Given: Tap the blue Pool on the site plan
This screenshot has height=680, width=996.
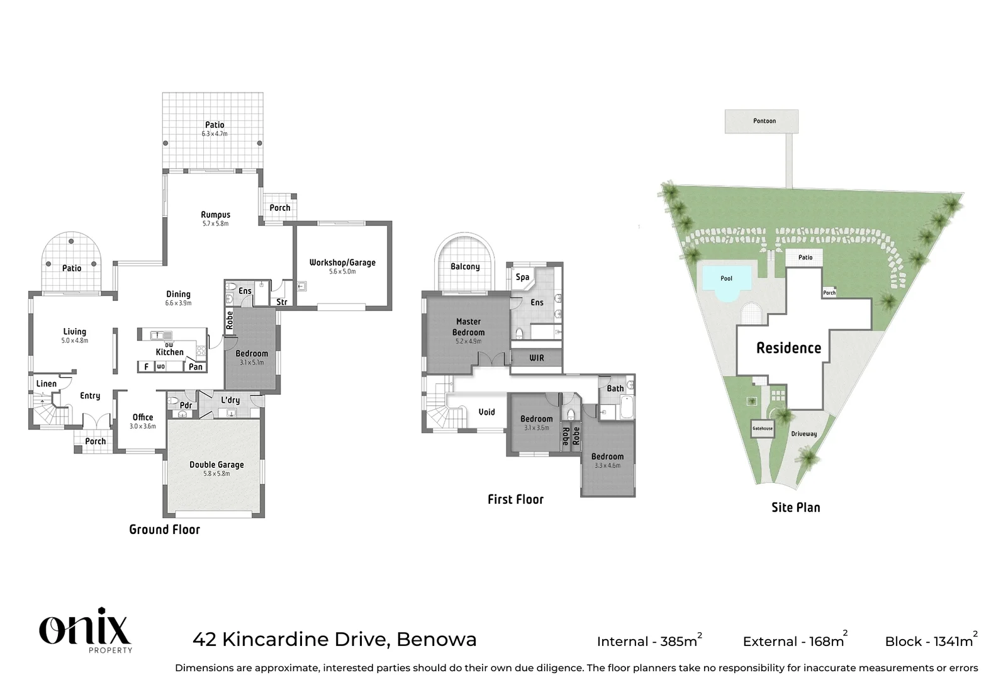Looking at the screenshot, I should tap(726, 278).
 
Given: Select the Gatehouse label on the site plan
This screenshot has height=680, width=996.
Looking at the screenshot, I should tap(762, 428).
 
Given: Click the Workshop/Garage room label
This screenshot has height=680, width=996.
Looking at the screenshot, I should tap(342, 263).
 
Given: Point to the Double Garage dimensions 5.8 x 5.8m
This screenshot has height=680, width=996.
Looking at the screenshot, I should tap(216, 473).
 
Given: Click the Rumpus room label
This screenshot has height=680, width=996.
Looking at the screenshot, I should tap(215, 215).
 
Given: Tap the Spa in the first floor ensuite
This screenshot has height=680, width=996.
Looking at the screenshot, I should tap(522, 277).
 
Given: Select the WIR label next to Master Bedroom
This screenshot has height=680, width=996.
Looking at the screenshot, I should tap(536, 358).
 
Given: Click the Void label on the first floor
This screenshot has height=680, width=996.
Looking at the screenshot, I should tap(486, 412).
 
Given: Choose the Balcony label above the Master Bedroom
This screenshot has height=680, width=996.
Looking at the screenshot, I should tap(465, 266).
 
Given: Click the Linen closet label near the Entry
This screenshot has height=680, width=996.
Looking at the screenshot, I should tap(46, 383).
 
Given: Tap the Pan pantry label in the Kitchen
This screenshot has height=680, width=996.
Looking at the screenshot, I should tap(196, 366).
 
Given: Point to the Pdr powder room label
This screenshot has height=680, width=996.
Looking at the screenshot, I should tap(186, 405).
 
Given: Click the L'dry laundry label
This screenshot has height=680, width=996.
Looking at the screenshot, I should tap(230, 400).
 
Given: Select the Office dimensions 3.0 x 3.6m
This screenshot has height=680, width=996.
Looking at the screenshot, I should tap(143, 426).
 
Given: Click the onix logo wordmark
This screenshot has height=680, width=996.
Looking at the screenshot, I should tap(85, 627).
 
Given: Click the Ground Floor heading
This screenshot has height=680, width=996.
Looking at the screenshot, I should tap(164, 530).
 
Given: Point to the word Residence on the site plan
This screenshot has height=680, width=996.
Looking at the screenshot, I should tap(788, 348).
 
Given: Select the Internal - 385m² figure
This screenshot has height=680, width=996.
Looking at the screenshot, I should tap(648, 641).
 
